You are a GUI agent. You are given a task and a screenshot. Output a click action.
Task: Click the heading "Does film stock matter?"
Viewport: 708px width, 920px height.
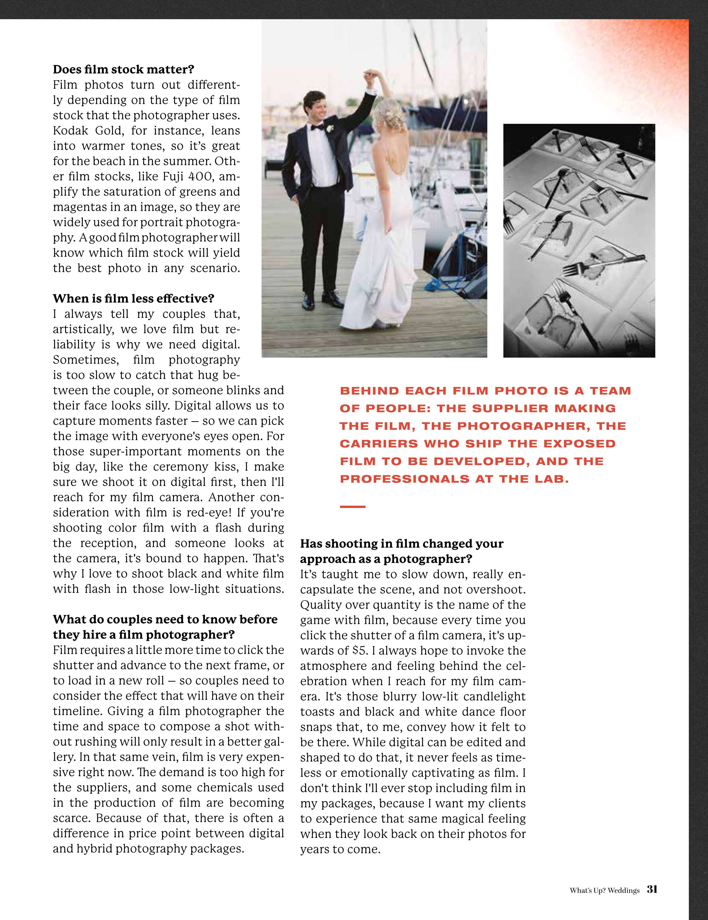123,69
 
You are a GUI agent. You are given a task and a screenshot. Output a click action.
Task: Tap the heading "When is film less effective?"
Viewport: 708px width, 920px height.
133,299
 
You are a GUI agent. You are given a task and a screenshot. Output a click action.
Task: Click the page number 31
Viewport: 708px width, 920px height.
652,890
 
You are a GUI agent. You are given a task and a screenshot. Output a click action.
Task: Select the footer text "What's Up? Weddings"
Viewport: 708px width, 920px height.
605,890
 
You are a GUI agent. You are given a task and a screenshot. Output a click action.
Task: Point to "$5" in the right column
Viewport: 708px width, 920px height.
360,651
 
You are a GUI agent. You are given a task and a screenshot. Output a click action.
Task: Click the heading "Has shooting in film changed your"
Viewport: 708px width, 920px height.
402,544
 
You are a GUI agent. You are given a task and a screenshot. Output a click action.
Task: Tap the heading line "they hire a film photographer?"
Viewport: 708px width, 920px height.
143,635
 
